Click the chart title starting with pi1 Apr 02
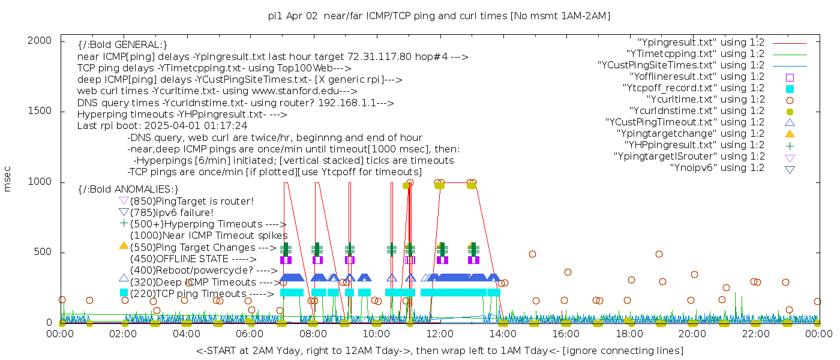pos(439,16)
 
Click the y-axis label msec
pos(8,179)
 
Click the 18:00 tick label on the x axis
pos(629,334)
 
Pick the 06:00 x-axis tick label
pos(250,334)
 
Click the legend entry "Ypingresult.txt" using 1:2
pos(701,43)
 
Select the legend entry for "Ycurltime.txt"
pos(705,100)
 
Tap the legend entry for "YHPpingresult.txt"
pos(694,145)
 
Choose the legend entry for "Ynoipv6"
pos(717,168)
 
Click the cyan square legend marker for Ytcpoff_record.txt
pos(790,89)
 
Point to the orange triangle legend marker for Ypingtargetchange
pos(790,134)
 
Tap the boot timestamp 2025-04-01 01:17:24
pos(196,126)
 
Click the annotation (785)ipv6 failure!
pos(172,213)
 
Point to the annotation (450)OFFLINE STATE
pos(180,259)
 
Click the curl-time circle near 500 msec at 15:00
pos(532,254)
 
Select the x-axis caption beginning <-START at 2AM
pos(439,350)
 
